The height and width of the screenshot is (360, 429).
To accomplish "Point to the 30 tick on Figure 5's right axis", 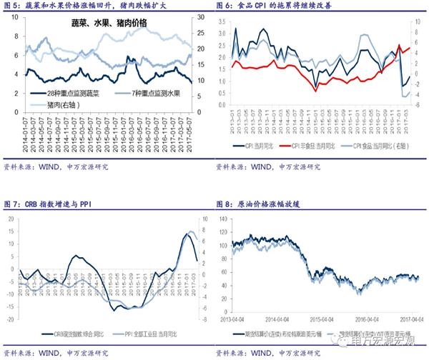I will pyautogui.click(x=202, y=16).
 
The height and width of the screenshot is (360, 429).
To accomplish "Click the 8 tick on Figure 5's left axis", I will pyautogui.click(x=16, y=16).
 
